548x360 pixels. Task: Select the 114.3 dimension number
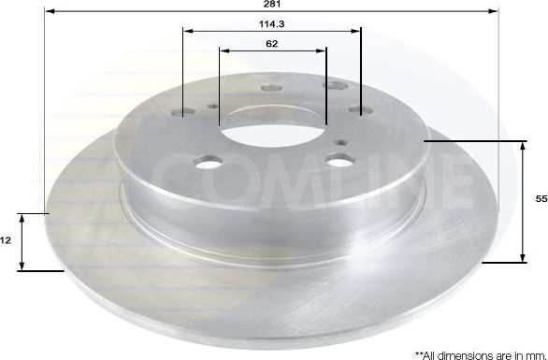click(272, 23)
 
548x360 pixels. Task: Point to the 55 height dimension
click(541, 200)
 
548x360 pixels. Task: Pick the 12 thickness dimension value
click(6, 240)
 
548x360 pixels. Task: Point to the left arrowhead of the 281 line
click(49, 12)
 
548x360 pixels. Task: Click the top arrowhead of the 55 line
click(522, 144)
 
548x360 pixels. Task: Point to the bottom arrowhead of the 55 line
click(522, 259)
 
